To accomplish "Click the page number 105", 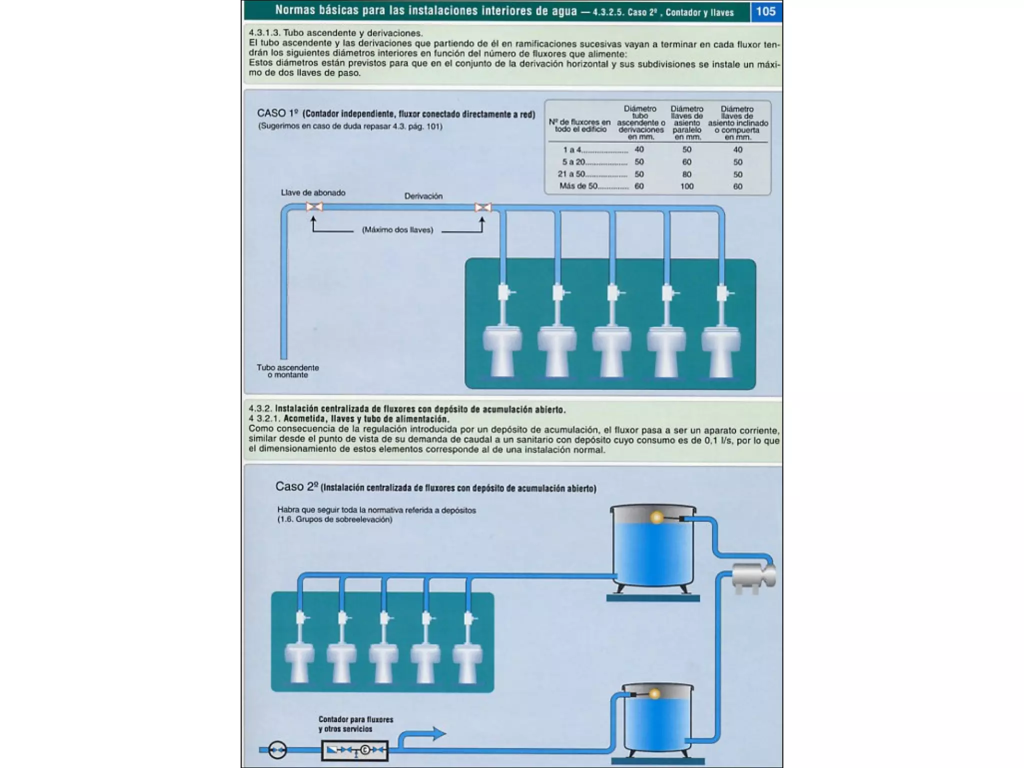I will (765, 11).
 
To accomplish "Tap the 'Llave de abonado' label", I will (313, 192).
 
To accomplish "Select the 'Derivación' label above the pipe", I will (423, 196).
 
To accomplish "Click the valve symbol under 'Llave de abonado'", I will (314, 206).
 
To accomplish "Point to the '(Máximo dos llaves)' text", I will (397, 230).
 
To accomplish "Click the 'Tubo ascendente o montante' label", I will (288, 371).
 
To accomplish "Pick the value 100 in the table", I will (686, 186).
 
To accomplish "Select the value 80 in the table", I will (686, 174).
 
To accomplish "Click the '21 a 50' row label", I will (571, 174).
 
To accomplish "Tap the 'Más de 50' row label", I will (578, 186).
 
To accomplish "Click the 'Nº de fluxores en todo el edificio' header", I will (580, 125).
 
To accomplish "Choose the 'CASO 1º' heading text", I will (277, 113).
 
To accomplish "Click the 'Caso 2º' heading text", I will (297, 486).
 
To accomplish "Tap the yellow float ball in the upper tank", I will (656, 517).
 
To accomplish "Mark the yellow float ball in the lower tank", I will (654, 694).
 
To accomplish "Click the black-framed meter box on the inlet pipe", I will (354, 749).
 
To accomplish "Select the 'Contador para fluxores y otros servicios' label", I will (355, 724).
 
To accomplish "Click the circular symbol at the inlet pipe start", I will (277, 749).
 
